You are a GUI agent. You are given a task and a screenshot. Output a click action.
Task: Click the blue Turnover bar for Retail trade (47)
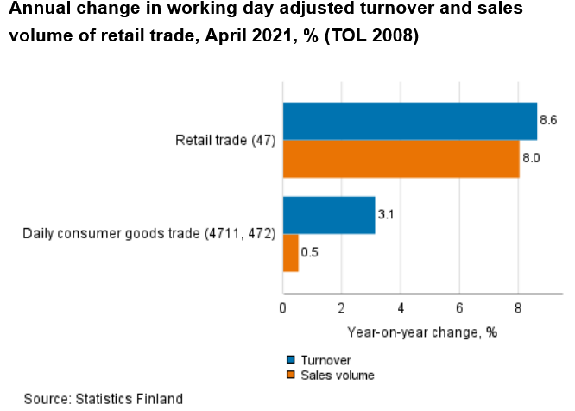(410, 121)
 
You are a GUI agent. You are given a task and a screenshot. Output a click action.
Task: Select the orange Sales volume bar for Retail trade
(401, 159)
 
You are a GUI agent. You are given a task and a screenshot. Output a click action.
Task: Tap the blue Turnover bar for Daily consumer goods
(329, 215)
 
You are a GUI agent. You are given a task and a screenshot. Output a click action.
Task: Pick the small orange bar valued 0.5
(291, 253)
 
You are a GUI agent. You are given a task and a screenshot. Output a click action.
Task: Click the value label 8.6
(548, 121)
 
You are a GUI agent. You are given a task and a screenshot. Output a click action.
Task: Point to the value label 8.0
(531, 159)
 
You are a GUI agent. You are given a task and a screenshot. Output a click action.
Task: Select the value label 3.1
(387, 215)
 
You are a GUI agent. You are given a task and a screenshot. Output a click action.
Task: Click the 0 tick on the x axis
(283, 307)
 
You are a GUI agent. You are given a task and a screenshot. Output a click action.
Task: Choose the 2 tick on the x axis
(342, 307)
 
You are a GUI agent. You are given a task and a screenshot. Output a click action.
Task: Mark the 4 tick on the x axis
(401, 307)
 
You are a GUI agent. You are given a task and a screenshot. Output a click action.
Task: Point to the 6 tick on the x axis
(459, 307)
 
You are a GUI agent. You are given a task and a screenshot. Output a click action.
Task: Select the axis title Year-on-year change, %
(422, 332)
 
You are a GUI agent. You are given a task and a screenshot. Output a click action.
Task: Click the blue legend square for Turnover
(291, 360)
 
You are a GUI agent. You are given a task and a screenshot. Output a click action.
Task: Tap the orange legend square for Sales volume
(291, 375)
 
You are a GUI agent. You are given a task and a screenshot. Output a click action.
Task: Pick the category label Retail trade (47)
(225, 141)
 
